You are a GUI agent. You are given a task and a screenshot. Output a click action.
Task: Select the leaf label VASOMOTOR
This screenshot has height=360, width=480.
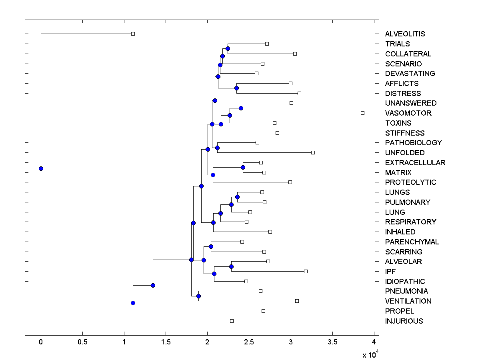pos(408,113)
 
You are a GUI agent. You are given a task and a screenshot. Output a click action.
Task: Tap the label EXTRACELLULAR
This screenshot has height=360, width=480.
pos(415,163)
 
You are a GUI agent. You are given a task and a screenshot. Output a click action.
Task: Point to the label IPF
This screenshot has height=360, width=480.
pos(390,271)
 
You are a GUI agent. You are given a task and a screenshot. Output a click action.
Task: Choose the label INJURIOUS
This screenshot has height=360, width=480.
pos(404,321)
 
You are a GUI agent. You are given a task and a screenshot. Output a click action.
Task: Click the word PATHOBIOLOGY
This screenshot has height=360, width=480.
pos(413,143)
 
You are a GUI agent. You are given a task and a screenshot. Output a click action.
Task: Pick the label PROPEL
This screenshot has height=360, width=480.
pos(399,311)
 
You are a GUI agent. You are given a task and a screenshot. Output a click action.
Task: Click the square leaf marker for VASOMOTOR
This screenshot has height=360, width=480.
pos(362,113)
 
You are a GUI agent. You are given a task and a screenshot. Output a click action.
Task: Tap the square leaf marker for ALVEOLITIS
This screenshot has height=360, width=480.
pos(133,34)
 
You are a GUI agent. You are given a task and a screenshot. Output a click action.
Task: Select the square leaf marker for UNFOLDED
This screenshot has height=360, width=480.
pos(313,152)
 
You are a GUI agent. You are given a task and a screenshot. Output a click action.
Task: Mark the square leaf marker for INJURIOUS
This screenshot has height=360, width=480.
pos(232,321)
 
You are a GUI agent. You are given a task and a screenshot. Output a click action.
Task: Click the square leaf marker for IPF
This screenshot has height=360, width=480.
pos(306,271)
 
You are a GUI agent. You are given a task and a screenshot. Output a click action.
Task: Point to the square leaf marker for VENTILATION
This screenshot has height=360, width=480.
pos(297,301)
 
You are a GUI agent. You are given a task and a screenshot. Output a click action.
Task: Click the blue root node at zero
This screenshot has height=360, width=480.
pos(41,168)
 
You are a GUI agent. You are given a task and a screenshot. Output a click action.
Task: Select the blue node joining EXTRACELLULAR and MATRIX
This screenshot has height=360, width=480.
pos(243,167)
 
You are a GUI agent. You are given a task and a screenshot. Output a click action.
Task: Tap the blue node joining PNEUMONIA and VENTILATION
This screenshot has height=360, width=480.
pos(198,296)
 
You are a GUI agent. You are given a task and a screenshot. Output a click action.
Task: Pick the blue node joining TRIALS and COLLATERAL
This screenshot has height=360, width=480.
pos(228,48)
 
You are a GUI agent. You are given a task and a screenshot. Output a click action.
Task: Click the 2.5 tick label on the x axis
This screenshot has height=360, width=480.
pos(249,342)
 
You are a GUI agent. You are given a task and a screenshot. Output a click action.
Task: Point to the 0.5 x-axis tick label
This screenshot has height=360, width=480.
pos(82,342)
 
